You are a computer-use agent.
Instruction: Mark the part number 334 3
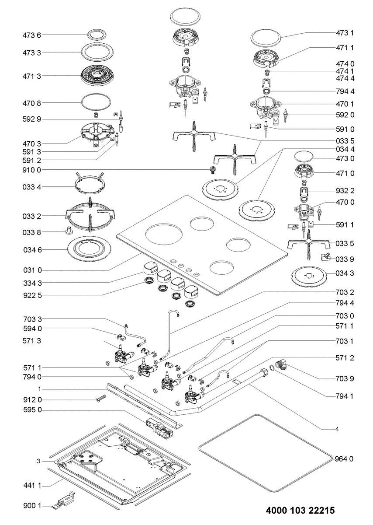[32, 283]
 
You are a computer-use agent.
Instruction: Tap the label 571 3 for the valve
[32, 340]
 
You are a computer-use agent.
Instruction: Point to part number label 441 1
[32, 485]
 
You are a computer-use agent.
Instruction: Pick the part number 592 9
[32, 119]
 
